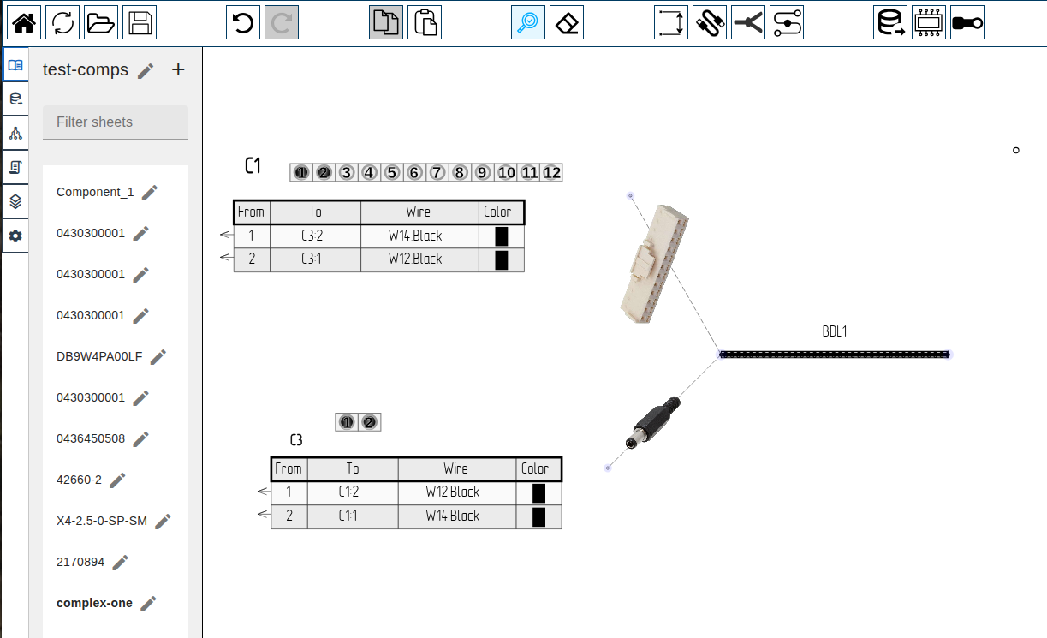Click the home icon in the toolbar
coord(24,22)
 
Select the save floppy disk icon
coord(140,22)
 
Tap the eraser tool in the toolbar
coord(566,22)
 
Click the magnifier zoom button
coord(528,22)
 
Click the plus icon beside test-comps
coord(178,70)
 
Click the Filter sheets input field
coord(116,122)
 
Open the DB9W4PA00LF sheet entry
coord(99,356)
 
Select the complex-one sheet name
coord(94,603)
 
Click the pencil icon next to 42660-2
coord(118,480)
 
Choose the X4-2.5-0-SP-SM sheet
coord(102,521)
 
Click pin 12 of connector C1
coord(552,173)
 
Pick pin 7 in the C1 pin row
coord(437,173)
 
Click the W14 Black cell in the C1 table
coord(415,236)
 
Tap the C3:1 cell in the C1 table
coord(311,259)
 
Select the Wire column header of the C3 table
coord(456,468)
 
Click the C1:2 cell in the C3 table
coord(348,492)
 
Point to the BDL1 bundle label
coord(834,331)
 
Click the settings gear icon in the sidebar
coord(15,236)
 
